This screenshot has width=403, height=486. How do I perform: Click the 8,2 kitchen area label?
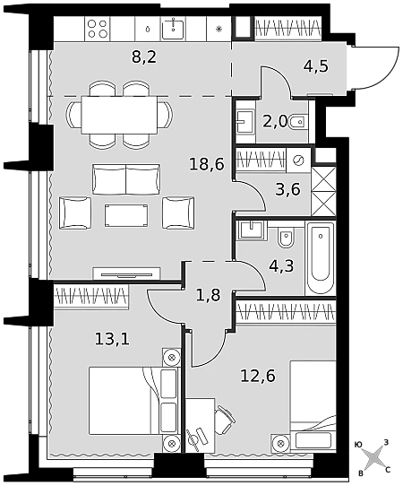pos(144,58)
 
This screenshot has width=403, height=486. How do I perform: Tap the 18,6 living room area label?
pos(207,164)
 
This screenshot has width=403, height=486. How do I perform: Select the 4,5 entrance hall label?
pos(314,66)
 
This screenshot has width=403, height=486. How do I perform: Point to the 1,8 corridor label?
pos(209,295)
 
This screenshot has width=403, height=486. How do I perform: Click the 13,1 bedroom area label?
pos(112,340)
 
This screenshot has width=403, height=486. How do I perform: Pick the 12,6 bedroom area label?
pos(258,377)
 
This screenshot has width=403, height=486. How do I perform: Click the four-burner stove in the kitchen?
pos(98,29)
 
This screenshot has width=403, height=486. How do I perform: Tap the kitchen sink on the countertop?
pos(173,29)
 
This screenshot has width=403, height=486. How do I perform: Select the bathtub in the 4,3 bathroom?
pos(321,258)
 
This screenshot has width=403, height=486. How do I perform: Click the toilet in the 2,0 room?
pos(296,123)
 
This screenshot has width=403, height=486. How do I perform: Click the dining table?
pos(119,115)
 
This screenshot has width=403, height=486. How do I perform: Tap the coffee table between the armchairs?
pos(126,215)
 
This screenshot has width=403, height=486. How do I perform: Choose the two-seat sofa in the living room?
pos(126,179)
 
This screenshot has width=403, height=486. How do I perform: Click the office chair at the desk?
pos(225,420)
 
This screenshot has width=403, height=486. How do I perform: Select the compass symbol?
pos(374,458)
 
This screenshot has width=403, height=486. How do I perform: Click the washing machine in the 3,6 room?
pos(298,161)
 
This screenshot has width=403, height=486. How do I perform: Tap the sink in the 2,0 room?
pos(244,122)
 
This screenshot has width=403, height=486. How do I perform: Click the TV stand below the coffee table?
pos(126,273)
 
